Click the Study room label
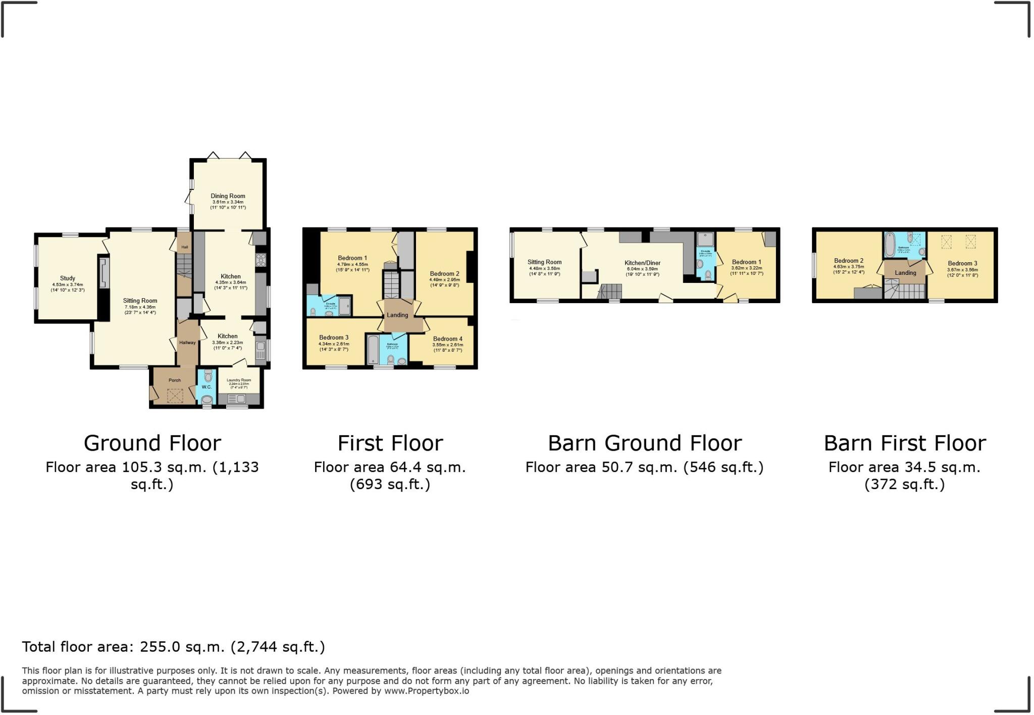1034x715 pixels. pyautogui.click(x=67, y=278)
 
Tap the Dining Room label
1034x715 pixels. pyautogui.click(x=228, y=196)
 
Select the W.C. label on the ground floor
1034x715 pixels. pyautogui.click(x=206, y=387)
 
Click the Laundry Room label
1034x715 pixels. pyautogui.click(x=239, y=380)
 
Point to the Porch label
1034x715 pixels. pyautogui.click(x=174, y=380)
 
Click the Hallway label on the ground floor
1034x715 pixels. pyautogui.click(x=187, y=343)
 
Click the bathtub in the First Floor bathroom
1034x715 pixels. pyautogui.click(x=373, y=349)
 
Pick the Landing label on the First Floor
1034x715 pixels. pyautogui.click(x=397, y=315)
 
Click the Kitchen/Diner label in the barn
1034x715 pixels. pyautogui.click(x=642, y=263)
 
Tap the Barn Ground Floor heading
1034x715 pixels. pyautogui.click(x=645, y=444)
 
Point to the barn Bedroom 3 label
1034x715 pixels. pyautogui.click(x=962, y=263)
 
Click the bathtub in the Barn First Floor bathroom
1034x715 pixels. pyautogui.click(x=890, y=245)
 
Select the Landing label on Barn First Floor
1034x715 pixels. pyautogui.click(x=905, y=273)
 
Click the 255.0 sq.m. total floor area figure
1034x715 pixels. pyautogui.click(x=182, y=647)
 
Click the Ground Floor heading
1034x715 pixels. pyautogui.click(x=152, y=444)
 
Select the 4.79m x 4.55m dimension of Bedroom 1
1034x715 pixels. pyautogui.click(x=352, y=264)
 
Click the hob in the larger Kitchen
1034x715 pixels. pyautogui.click(x=261, y=260)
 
